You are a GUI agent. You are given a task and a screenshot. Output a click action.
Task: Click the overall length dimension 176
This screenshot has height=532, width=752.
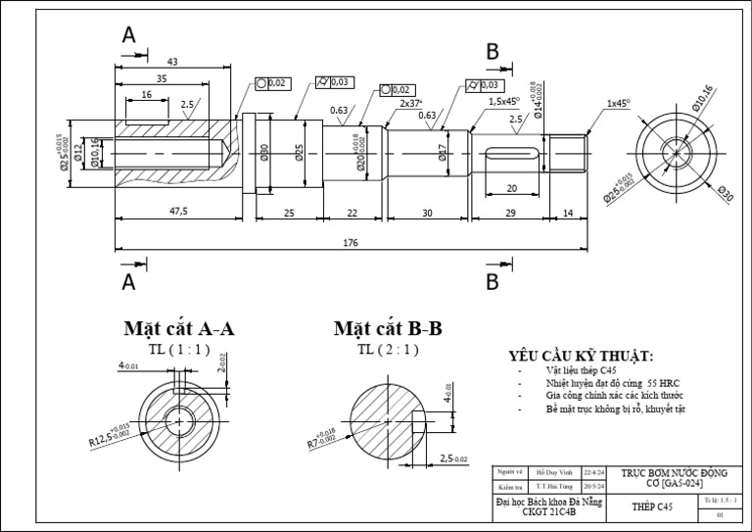click(x=350, y=242)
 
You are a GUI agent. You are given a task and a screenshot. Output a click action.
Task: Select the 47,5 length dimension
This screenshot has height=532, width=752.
click(x=178, y=211)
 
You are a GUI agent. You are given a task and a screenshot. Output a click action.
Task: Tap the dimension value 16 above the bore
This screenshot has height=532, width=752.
click(x=146, y=95)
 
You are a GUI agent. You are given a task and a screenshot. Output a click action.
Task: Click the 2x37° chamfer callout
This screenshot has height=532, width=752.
click(x=410, y=102)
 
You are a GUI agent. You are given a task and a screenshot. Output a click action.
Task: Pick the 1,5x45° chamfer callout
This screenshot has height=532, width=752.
click(x=503, y=101)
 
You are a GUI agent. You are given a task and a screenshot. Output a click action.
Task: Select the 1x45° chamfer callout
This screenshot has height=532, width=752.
click(x=618, y=102)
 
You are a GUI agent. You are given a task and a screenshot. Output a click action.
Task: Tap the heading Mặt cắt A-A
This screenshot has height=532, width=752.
click(x=178, y=328)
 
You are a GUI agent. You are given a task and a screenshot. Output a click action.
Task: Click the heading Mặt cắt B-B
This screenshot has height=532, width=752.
click(x=388, y=328)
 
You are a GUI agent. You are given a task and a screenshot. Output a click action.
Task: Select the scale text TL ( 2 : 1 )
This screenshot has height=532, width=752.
click(x=388, y=349)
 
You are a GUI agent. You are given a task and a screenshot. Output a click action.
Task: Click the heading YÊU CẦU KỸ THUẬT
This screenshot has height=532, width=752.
click(x=581, y=356)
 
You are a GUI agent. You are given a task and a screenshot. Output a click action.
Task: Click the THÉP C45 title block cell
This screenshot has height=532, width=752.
click(x=652, y=507)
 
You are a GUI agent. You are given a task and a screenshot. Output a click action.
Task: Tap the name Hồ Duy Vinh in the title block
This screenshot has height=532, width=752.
click(x=554, y=471)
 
